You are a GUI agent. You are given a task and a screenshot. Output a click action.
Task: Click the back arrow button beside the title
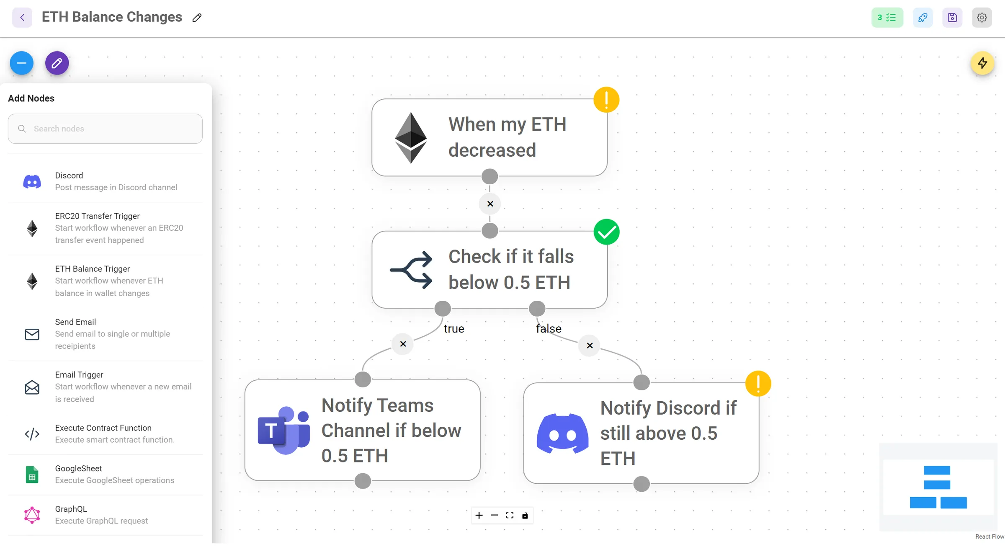point(22,18)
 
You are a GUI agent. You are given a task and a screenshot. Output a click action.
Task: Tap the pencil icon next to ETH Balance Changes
point(197,18)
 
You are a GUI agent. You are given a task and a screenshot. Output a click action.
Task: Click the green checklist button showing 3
point(887,18)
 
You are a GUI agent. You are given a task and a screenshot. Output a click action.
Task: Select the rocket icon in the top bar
point(923,18)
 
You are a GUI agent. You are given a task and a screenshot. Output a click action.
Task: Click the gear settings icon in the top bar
point(982,18)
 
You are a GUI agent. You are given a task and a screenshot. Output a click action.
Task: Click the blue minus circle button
point(22,63)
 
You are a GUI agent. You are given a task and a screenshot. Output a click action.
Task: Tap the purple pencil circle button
point(57,63)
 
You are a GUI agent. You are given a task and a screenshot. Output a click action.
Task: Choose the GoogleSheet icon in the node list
point(32,475)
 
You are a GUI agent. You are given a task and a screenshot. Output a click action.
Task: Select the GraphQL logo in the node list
point(32,515)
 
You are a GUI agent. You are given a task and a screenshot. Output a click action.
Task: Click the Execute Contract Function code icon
point(32,434)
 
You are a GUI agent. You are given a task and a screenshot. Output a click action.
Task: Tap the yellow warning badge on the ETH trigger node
point(606,100)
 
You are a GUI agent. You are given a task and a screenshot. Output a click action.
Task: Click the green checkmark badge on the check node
point(606,232)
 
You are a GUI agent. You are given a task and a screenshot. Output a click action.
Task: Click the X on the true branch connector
point(403,344)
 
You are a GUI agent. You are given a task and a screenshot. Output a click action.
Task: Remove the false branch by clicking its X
point(590,346)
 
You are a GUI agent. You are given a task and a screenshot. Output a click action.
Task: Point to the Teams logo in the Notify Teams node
point(284,430)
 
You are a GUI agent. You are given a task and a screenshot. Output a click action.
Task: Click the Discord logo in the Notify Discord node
point(562,433)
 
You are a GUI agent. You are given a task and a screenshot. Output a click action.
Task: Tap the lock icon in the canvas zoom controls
point(525,516)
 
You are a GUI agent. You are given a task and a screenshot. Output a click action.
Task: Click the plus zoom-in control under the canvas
point(479,516)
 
